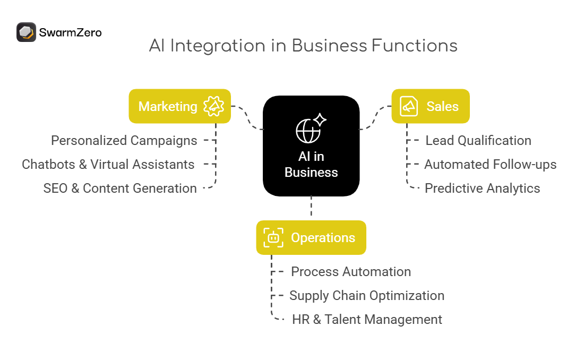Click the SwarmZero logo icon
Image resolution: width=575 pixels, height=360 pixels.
point(26,32)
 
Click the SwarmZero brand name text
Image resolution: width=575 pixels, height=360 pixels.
point(70,32)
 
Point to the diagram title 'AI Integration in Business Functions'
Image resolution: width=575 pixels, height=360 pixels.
point(303,46)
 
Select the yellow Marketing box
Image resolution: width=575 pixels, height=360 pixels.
point(179,106)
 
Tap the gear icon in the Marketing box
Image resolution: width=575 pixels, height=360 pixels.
point(214,106)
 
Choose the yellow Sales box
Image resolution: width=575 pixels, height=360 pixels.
point(431,106)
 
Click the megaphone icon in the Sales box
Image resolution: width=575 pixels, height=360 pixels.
point(408,106)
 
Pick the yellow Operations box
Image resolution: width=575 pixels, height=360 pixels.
point(311,237)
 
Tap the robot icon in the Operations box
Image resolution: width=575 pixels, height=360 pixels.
point(273,237)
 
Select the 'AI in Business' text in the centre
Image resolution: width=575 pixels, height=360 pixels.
point(311,165)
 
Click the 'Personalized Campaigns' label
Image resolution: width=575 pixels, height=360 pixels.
point(124,141)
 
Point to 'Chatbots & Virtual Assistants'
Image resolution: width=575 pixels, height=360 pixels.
point(108,165)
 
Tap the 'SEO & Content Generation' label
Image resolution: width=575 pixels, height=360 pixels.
point(120,188)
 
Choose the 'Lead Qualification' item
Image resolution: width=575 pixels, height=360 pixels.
point(478,141)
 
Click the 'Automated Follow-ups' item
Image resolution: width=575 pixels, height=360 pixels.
point(490,165)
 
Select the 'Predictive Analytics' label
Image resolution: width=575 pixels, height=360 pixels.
point(482,188)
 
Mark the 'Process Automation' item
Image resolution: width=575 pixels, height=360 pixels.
point(351,272)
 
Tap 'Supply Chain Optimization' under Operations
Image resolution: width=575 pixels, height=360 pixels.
point(367,296)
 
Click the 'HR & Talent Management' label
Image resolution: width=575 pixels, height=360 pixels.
point(367,320)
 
